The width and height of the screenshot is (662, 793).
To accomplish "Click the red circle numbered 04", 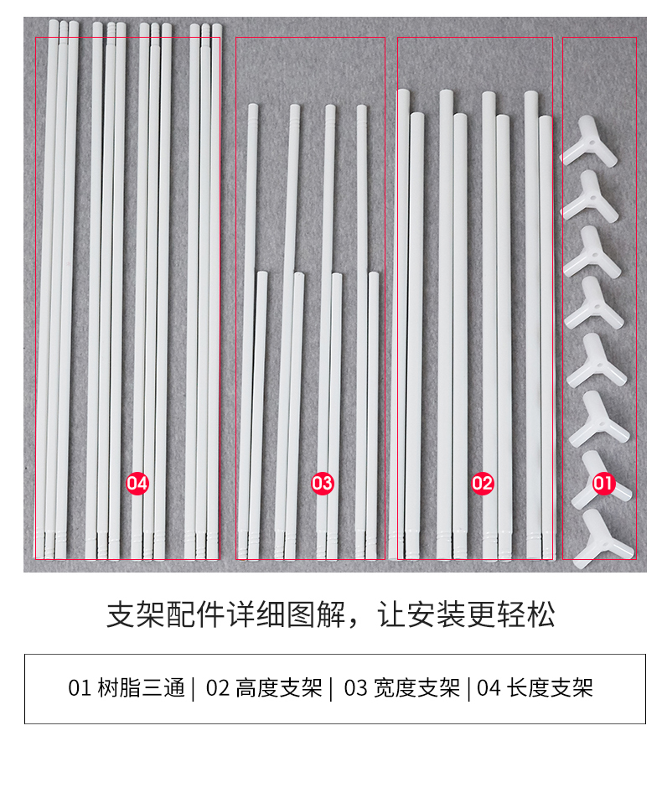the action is point(137,484).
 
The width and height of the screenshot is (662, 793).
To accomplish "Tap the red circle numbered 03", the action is point(322,484).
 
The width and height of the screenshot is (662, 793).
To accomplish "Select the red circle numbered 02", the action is point(483,484).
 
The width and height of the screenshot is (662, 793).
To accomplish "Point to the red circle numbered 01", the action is point(603,483).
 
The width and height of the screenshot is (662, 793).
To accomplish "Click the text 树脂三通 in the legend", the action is point(141,688).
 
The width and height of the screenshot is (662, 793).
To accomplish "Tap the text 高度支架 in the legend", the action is point(279,688).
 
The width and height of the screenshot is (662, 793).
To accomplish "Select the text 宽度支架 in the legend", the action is point(416,688).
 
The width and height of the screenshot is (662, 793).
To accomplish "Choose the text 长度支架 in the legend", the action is point(550,688).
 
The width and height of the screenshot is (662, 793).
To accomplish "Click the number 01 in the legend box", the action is point(80,689).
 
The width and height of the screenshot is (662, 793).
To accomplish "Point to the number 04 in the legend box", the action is point(489,689).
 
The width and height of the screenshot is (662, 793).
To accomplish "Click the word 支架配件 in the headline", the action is point(165,615).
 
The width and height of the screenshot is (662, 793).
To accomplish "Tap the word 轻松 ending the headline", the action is point(526,615).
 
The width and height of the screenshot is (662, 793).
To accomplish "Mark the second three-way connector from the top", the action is point(590,197).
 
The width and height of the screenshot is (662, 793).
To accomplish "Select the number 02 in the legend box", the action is point(218,689).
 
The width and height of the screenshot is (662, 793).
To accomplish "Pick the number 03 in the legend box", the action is point(355,689).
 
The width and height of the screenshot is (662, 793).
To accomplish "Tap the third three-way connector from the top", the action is point(592,251).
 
